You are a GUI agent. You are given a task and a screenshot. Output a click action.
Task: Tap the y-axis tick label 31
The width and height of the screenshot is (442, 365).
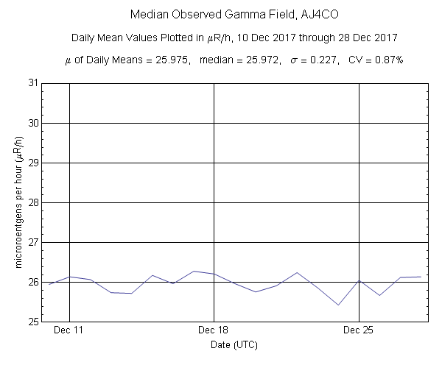[34, 83]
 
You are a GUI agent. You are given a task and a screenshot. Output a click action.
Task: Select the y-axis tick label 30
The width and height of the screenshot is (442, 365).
[34, 123]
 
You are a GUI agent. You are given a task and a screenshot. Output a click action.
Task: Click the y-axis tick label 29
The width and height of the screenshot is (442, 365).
[34, 163]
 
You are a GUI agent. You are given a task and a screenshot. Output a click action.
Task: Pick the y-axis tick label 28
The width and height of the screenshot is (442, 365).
[34, 202]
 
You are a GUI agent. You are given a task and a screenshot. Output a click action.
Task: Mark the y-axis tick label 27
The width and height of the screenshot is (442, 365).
[34, 242]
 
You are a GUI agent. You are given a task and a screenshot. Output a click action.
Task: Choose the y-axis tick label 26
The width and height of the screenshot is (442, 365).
[34, 282]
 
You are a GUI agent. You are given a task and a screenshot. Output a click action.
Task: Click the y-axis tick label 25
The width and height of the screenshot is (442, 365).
[34, 322]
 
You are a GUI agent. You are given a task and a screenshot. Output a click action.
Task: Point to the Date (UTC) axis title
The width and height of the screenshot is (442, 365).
[234, 344]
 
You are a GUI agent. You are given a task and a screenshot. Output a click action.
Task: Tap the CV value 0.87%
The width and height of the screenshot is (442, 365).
[385, 60]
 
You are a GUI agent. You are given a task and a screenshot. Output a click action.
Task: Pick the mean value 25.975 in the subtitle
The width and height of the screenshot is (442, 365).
[171, 60]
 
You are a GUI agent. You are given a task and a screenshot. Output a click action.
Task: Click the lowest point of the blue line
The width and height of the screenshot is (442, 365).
[338, 305]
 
